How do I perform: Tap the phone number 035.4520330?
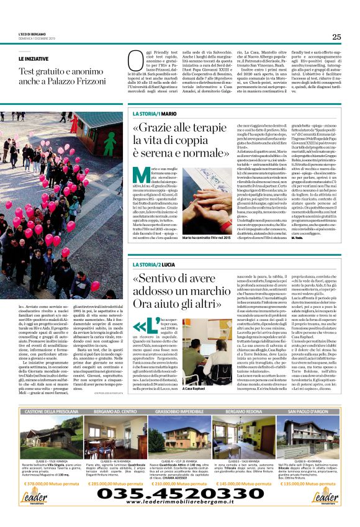(180, 493)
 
